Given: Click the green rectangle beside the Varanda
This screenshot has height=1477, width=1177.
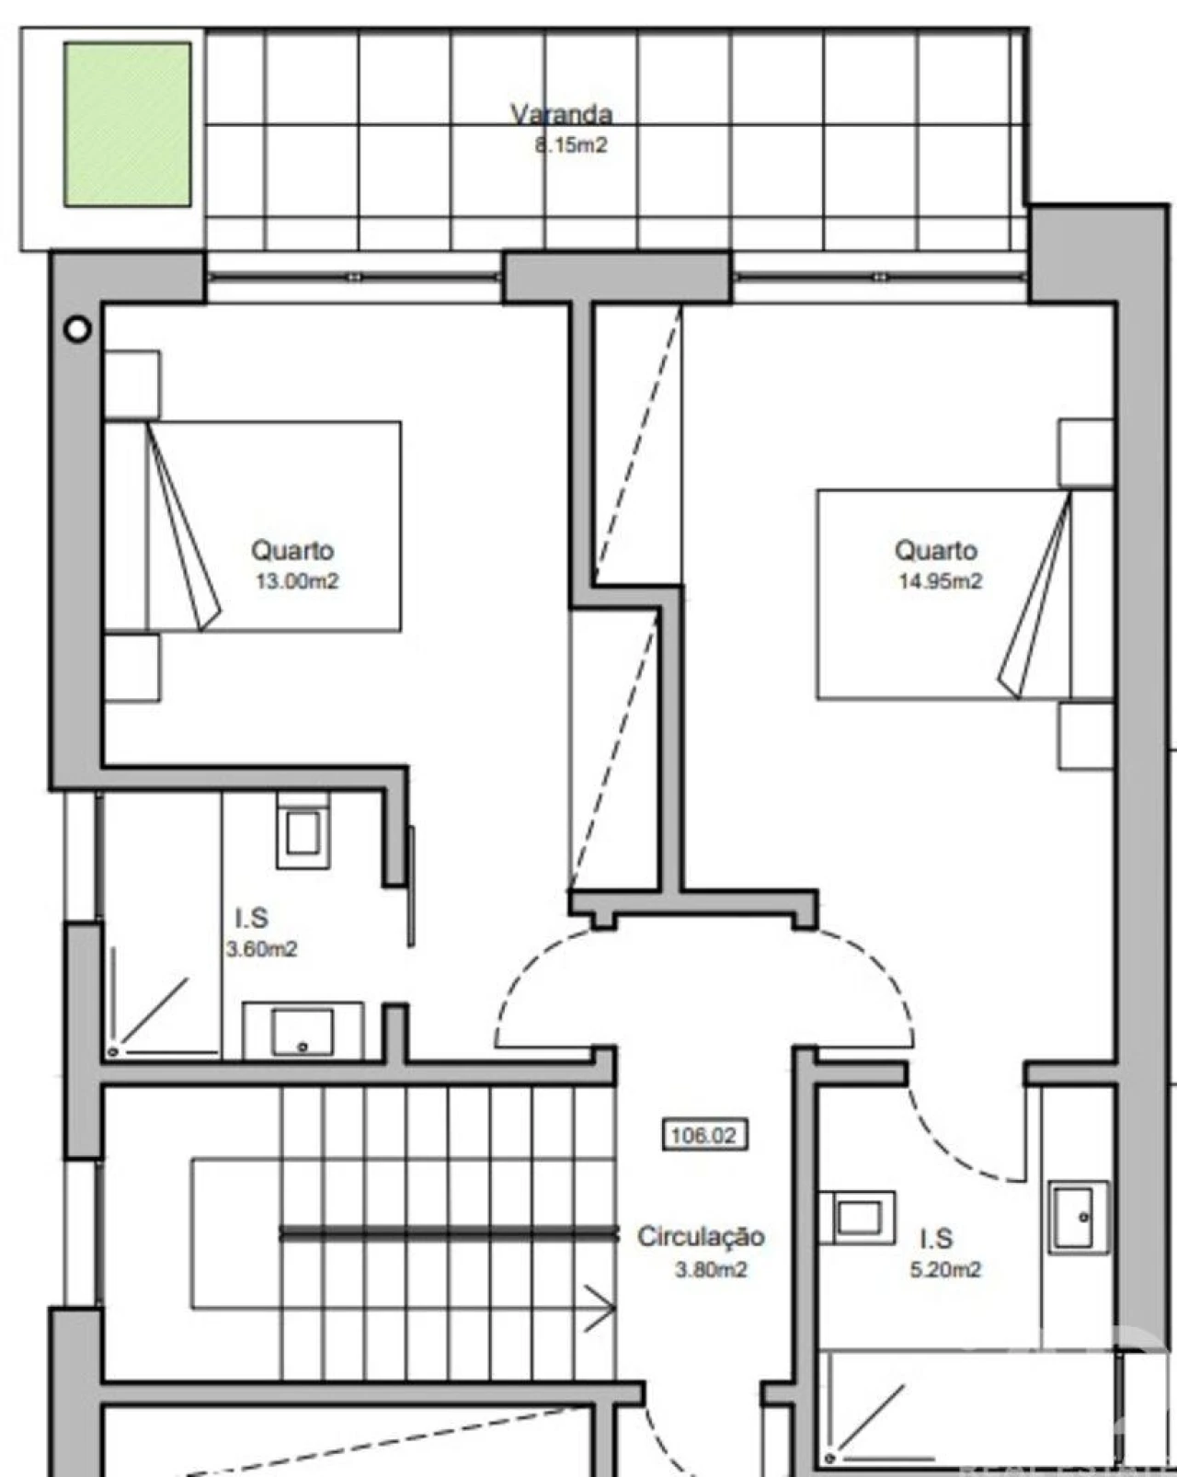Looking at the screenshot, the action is click(128, 124).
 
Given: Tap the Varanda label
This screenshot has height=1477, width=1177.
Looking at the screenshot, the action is click(561, 114).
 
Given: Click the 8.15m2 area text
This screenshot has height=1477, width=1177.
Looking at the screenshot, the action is click(571, 145).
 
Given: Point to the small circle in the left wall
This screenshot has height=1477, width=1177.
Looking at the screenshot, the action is click(77, 330).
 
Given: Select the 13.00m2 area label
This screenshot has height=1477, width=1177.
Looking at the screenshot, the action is click(297, 581).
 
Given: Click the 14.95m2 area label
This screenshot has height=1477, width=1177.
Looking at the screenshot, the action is click(941, 581).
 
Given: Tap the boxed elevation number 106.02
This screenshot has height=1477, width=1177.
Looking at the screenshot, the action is click(704, 1135).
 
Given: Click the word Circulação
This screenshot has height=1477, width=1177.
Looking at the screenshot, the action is click(701, 1236).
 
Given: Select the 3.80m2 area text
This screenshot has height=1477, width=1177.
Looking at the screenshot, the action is click(711, 1269).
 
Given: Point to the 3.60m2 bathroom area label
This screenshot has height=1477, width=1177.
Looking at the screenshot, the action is click(261, 949).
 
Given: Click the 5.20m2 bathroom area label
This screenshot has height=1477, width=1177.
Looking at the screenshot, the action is click(945, 1269).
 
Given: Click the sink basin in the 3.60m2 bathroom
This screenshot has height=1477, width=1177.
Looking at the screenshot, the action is click(303, 1032).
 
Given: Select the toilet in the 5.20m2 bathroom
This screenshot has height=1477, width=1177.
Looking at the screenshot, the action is click(858, 1219).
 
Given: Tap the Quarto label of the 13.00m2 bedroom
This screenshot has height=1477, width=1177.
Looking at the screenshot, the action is click(292, 550).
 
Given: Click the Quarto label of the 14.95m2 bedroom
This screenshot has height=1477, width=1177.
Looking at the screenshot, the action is click(935, 550).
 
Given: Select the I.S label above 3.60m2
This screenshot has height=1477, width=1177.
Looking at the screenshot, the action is click(251, 918).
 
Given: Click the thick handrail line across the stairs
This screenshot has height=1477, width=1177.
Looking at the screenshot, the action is click(449, 1234).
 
